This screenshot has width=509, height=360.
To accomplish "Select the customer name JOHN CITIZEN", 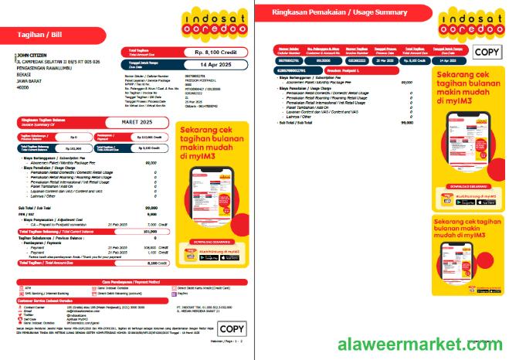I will [34, 56].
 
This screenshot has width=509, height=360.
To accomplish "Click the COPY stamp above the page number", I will [232, 328].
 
